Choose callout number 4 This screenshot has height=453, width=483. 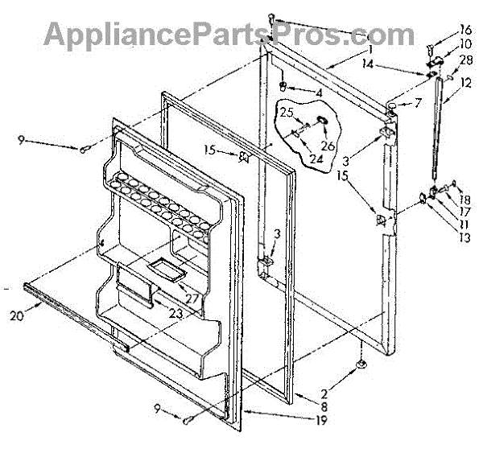point(319,93)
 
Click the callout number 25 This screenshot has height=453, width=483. point(287,113)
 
